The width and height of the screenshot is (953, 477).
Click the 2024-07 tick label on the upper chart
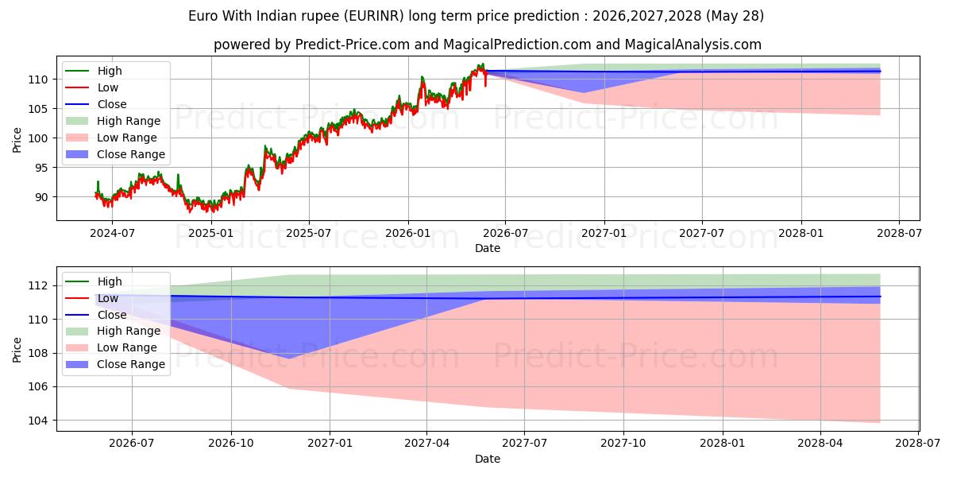pos(112,234)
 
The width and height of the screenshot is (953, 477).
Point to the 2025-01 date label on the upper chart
pos(211,234)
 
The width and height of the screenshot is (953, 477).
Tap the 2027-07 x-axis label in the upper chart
pos(701,234)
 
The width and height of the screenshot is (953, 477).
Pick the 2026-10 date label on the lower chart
pos(231,444)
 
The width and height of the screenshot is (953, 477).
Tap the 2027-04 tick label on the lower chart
pos(426,444)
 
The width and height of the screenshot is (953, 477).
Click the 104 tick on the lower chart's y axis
pos(38,421)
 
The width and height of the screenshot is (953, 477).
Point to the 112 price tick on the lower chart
pos(38,285)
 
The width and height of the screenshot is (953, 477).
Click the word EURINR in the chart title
pos(373,16)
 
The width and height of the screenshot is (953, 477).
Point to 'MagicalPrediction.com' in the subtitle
pos(517,45)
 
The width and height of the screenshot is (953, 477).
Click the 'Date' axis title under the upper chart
pos(488,248)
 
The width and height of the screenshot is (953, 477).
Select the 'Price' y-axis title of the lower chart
pos(17,350)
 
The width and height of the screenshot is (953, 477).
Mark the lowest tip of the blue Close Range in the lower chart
pos(289,359)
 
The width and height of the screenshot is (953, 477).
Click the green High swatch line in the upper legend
pos(77,71)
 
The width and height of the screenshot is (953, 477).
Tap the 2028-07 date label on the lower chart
pos(918,444)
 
